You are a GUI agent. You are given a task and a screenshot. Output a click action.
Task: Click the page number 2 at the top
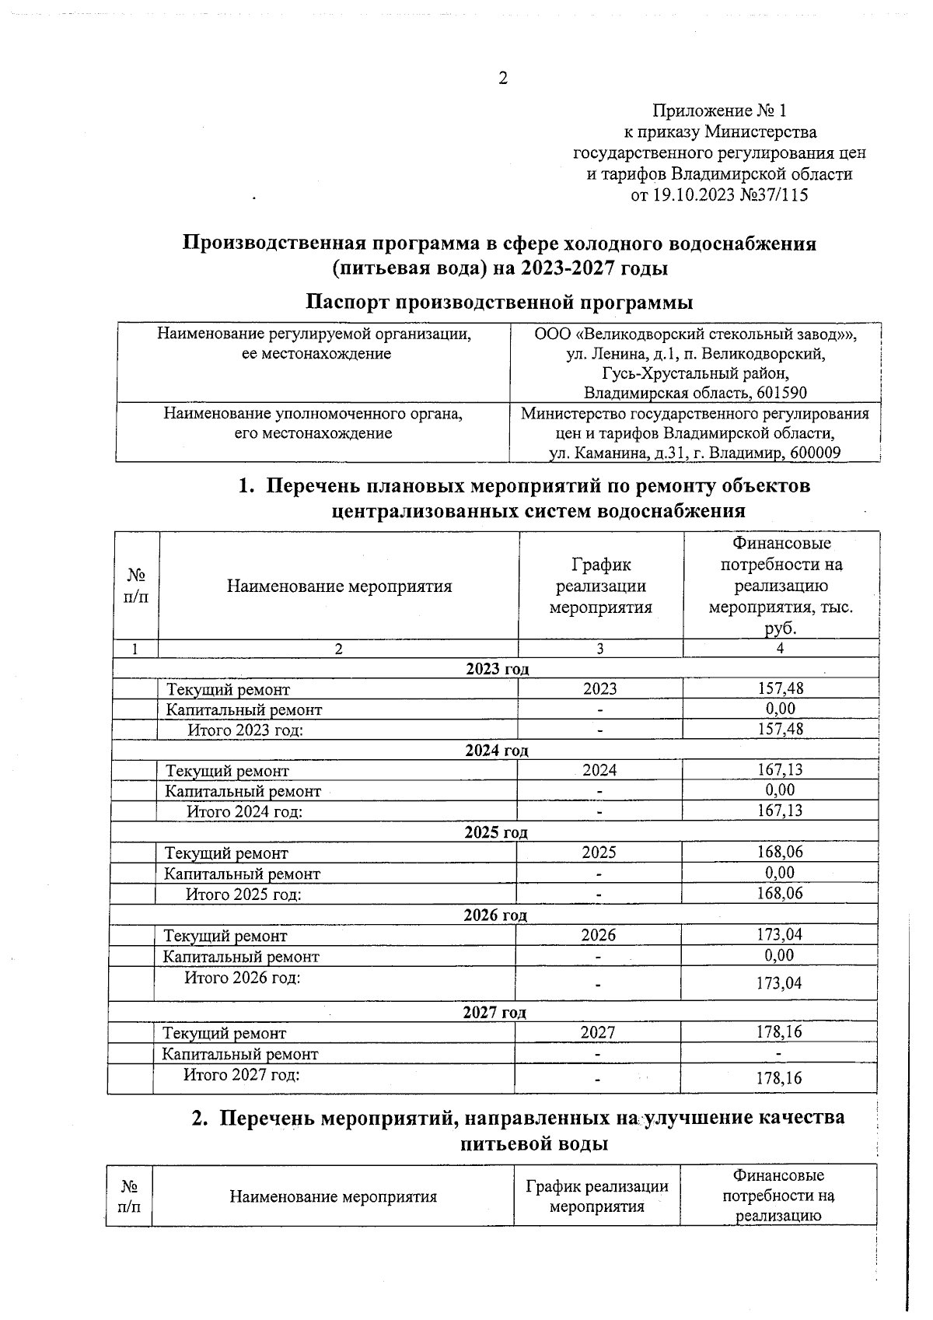click(502, 79)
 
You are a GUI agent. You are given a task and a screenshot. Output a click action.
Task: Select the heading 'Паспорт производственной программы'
click(498, 301)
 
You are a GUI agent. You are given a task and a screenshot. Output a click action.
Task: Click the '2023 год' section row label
click(498, 669)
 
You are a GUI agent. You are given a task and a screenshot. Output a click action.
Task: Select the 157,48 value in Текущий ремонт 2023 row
click(780, 688)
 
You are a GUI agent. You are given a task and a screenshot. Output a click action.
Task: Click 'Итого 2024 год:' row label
click(244, 811)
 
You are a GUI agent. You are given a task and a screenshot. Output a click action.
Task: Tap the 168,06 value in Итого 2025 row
click(779, 893)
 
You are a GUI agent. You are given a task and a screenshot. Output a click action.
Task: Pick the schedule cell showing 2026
click(598, 935)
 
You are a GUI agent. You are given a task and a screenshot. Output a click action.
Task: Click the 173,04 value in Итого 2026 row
click(778, 983)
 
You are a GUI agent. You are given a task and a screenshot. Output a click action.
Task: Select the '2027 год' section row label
click(494, 1012)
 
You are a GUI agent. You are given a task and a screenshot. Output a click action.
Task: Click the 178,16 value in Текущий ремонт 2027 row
click(778, 1032)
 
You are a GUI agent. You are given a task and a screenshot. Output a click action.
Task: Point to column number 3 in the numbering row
click(600, 649)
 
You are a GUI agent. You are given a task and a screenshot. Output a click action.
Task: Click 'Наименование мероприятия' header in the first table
click(339, 586)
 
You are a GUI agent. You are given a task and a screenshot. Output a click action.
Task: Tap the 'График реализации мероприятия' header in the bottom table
click(597, 1196)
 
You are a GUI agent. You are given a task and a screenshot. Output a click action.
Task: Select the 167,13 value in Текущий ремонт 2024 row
click(780, 770)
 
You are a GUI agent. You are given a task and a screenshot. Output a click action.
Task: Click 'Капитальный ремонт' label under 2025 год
click(242, 874)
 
